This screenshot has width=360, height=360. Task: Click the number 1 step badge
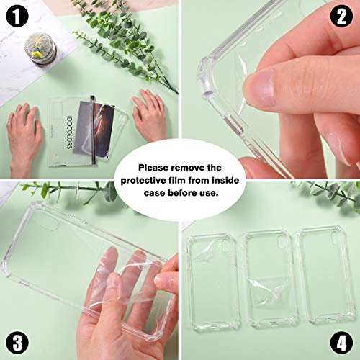tap(17, 17)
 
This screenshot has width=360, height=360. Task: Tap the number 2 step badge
tap(341, 17)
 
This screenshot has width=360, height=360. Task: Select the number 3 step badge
tap(17, 343)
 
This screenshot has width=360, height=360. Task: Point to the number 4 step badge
tap(341, 343)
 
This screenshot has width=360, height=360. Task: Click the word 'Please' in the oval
tap(153, 168)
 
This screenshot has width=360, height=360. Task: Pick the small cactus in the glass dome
tap(38, 49)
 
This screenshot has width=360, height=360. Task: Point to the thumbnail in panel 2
tap(259, 88)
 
